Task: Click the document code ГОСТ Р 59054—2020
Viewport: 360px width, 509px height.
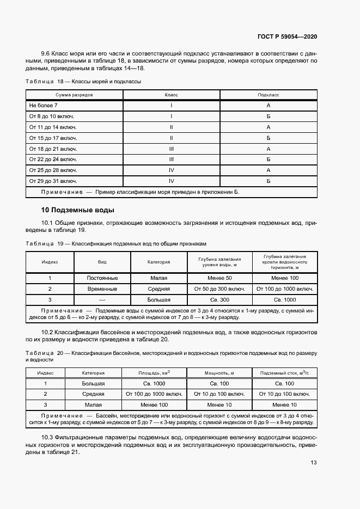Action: [287, 36]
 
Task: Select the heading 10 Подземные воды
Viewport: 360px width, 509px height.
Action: [77, 210]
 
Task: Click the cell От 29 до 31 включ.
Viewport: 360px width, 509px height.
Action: [53, 181]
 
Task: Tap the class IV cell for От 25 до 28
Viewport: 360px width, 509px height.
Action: [172, 170]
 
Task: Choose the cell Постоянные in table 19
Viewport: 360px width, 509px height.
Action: [102, 278]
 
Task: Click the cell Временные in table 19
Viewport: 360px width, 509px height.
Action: [102, 289]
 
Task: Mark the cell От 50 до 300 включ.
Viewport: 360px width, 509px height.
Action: [219, 289]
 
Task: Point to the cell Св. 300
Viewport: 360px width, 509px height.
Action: [219, 300]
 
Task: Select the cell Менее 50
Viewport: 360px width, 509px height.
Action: [219, 278]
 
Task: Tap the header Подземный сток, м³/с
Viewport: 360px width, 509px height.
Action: [284, 373]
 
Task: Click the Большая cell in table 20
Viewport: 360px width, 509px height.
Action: [93, 384]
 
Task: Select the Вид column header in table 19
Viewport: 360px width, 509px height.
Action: [102, 262]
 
